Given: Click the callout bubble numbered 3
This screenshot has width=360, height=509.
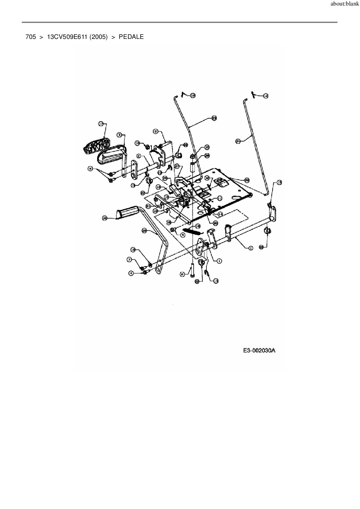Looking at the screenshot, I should [x=119, y=135].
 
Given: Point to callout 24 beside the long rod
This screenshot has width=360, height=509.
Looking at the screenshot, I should [x=238, y=141].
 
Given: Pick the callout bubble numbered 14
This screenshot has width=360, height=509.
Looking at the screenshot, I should [x=220, y=214].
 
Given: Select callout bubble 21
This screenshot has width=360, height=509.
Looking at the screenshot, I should [x=148, y=206].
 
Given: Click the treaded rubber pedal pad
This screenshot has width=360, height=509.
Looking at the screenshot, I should [x=97, y=146].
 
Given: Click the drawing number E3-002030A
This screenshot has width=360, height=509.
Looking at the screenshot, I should [x=259, y=351].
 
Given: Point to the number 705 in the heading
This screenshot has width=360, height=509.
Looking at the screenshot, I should [x=31, y=37].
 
